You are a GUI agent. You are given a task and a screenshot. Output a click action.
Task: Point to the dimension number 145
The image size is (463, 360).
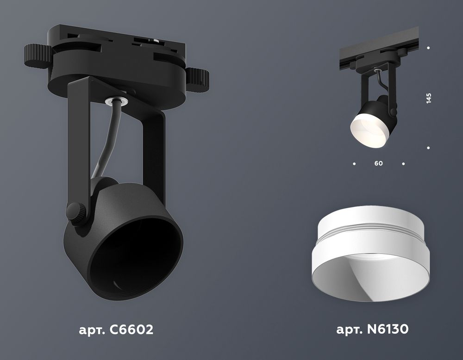coord(429,98)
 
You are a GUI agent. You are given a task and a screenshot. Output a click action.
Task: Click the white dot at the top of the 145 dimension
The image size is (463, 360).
coord(429,48)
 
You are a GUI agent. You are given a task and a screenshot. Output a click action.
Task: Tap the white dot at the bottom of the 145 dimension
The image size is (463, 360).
coord(429,148)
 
